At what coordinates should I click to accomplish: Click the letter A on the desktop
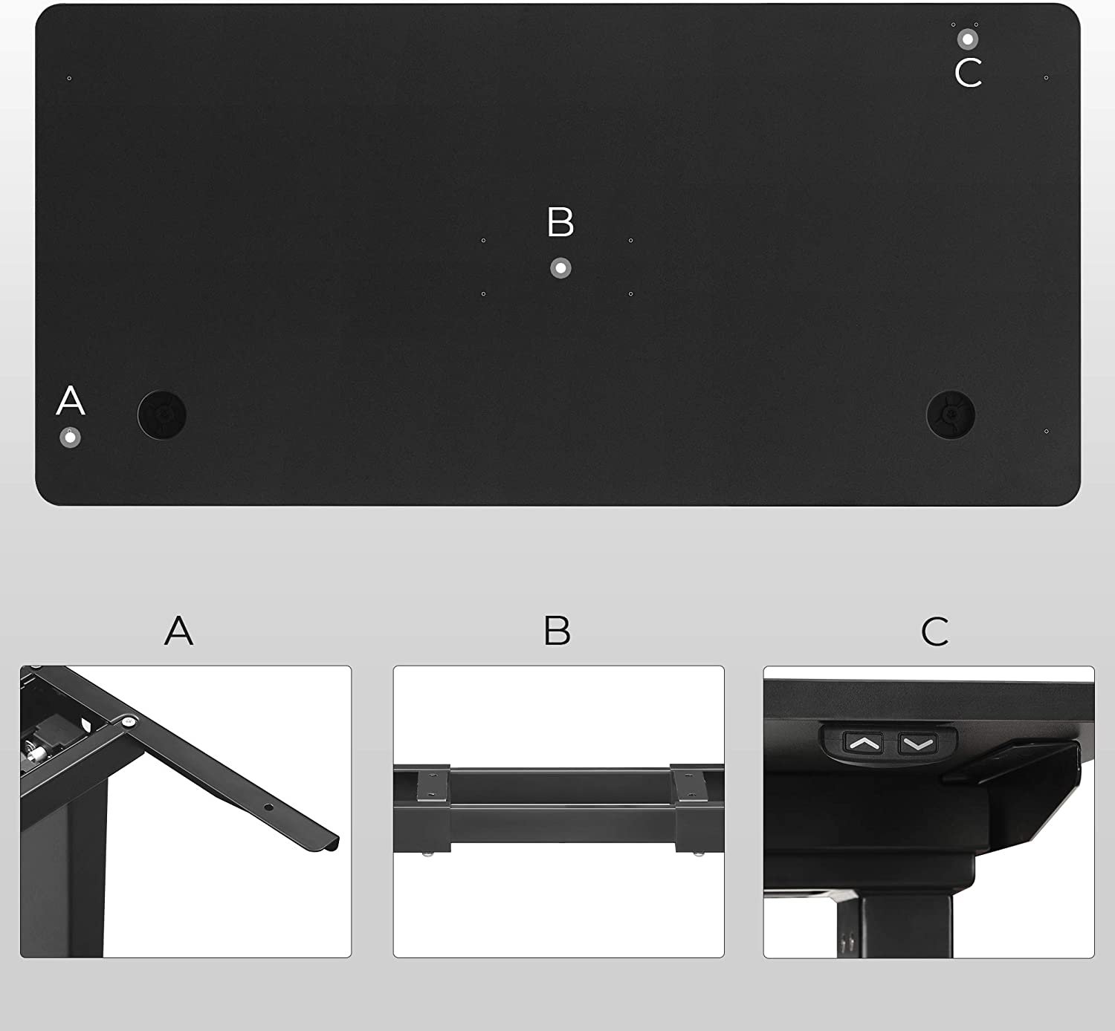[71, 400]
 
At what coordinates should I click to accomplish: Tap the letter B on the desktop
[560, 221]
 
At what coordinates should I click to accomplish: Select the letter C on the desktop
[969, 73]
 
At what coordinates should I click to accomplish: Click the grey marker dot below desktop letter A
[70, 438]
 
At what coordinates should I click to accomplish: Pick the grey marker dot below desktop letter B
[561, 268]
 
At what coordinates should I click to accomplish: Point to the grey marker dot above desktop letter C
[967, 39]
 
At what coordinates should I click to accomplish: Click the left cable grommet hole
[162, 415]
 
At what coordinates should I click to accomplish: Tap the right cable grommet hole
[951, 415]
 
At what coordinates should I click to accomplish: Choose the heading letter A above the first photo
[179, 631]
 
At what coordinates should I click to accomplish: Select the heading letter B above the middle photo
[557, 631]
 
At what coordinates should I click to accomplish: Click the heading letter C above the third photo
[935, 631]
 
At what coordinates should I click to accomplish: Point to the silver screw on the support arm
[129, 722]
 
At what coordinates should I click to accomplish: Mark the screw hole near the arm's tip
[269, 807]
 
